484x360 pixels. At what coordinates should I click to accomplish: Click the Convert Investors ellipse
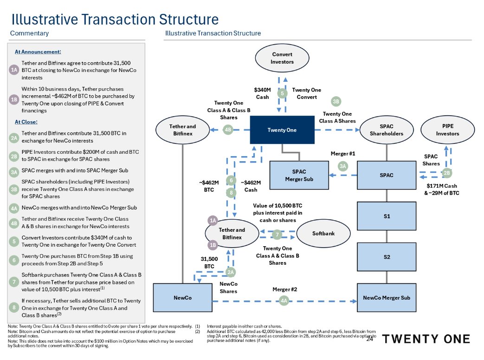[282, 58]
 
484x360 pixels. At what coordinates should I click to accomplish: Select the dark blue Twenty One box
[282, 130]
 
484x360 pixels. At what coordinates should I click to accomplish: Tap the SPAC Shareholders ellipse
[386, 130]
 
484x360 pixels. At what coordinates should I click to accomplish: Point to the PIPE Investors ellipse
[447, 130]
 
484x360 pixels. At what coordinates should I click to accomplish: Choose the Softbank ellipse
[323, 233]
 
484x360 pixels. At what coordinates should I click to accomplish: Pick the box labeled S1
[386, 216]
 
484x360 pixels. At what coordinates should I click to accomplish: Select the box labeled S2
[386, 256]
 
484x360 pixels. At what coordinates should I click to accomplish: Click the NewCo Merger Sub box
[386, 298]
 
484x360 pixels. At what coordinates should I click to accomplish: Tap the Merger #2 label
[284, 289]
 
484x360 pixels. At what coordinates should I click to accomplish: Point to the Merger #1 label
[342, 153]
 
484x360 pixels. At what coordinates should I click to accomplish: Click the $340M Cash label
[262, 93]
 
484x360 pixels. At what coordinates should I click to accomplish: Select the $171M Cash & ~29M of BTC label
[442, 190]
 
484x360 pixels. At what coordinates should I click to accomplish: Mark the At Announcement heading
[38, 52]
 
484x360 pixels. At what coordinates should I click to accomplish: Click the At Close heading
[26, 122]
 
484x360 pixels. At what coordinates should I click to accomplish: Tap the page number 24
[370, 340]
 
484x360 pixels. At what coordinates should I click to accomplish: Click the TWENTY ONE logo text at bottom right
[426, 339]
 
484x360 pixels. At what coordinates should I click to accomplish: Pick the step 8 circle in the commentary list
[14, 308]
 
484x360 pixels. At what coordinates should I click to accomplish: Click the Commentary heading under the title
[29, 33]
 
